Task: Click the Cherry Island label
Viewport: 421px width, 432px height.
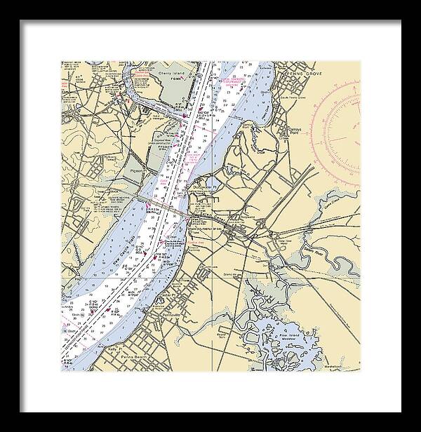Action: pos(171,72)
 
